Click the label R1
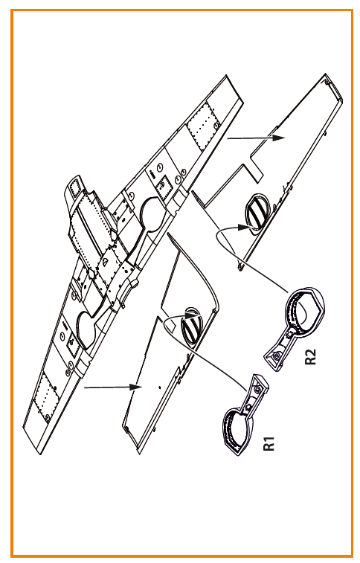[x=269, y=443]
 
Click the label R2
[x=310, y=356]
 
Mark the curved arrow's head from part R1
[x=194, y=313]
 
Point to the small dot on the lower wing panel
[x=159, y=386]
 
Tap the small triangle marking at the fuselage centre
[x=104, y=263]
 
